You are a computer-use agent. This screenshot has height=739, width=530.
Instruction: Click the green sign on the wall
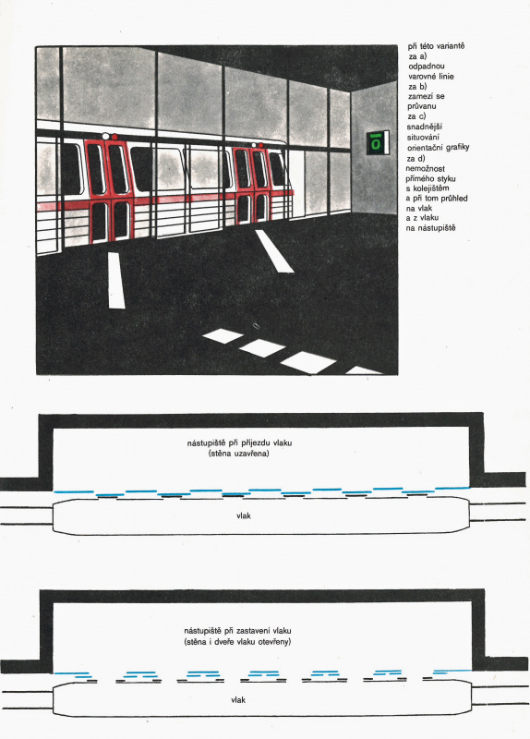[378, 143]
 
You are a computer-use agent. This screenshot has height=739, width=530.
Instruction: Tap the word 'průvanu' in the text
[422, 106]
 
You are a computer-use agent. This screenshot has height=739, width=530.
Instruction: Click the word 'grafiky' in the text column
[457, 148]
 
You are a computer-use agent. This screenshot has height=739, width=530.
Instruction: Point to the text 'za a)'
[418, 56]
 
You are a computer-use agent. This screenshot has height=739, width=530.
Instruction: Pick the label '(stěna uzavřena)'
[239, 454]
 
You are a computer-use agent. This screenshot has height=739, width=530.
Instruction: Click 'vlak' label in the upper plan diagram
[244, 516]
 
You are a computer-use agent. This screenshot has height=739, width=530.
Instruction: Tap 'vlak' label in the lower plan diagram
[238, 700]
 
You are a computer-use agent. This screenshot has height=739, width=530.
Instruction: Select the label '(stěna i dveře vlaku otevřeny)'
[237, 642]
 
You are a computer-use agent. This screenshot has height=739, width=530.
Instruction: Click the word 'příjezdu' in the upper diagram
[254, 443]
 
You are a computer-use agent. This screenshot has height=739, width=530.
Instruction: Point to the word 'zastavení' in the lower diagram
[253, 631]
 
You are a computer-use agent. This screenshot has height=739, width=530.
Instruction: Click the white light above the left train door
[105, 136]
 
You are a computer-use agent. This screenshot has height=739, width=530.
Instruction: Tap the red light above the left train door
[114, 137]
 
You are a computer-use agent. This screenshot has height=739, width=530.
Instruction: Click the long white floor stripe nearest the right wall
[274, 251]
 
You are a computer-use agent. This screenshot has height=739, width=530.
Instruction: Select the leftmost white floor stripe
[116, 281]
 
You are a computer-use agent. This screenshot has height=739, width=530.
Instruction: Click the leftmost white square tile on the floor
[223, 335]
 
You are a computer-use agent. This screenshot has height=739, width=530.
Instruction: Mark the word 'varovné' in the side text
[422, 77]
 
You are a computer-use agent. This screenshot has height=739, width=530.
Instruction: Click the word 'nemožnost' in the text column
[425, 168]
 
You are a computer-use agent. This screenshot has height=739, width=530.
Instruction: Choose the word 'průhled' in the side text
[454, 199]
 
